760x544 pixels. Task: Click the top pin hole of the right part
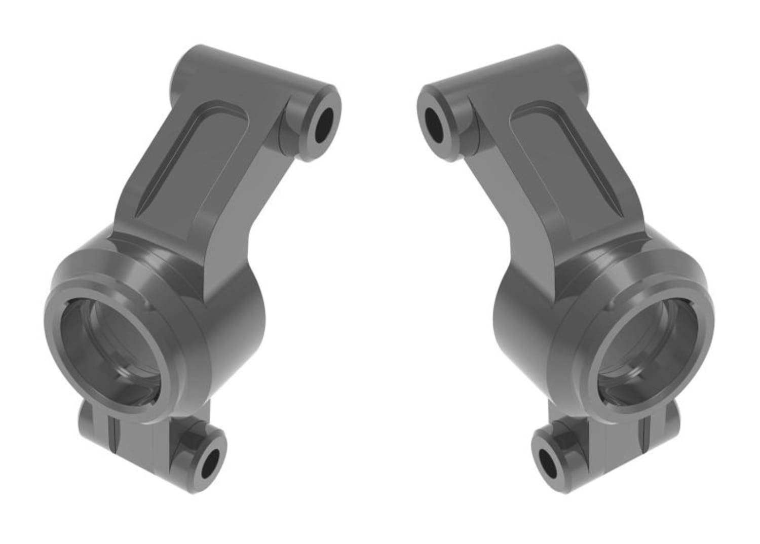click(435, 125)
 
